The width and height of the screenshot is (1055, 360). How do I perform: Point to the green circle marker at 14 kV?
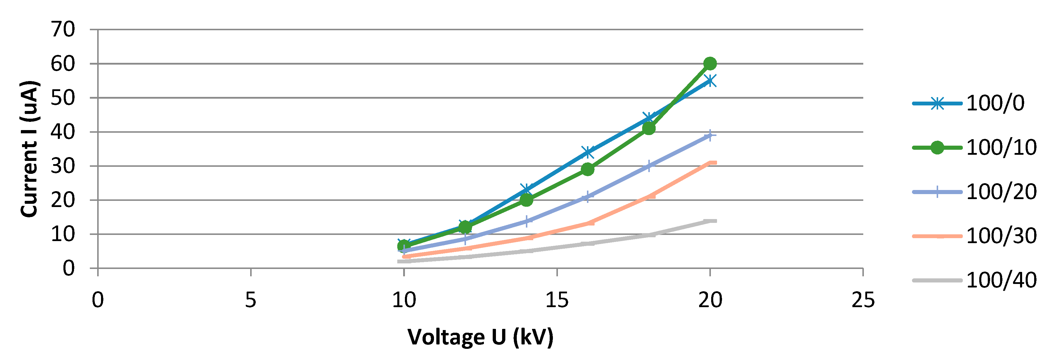526,200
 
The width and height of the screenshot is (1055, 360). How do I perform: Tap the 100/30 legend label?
1001,236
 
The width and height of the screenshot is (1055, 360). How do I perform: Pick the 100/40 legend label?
1001,280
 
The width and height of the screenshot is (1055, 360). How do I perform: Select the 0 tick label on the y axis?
69,268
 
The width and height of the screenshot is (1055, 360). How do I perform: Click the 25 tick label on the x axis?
863,300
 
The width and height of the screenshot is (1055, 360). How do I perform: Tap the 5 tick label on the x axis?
251,300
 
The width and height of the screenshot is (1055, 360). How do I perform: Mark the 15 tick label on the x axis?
557,300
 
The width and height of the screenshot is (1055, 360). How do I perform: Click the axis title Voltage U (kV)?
480,337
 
